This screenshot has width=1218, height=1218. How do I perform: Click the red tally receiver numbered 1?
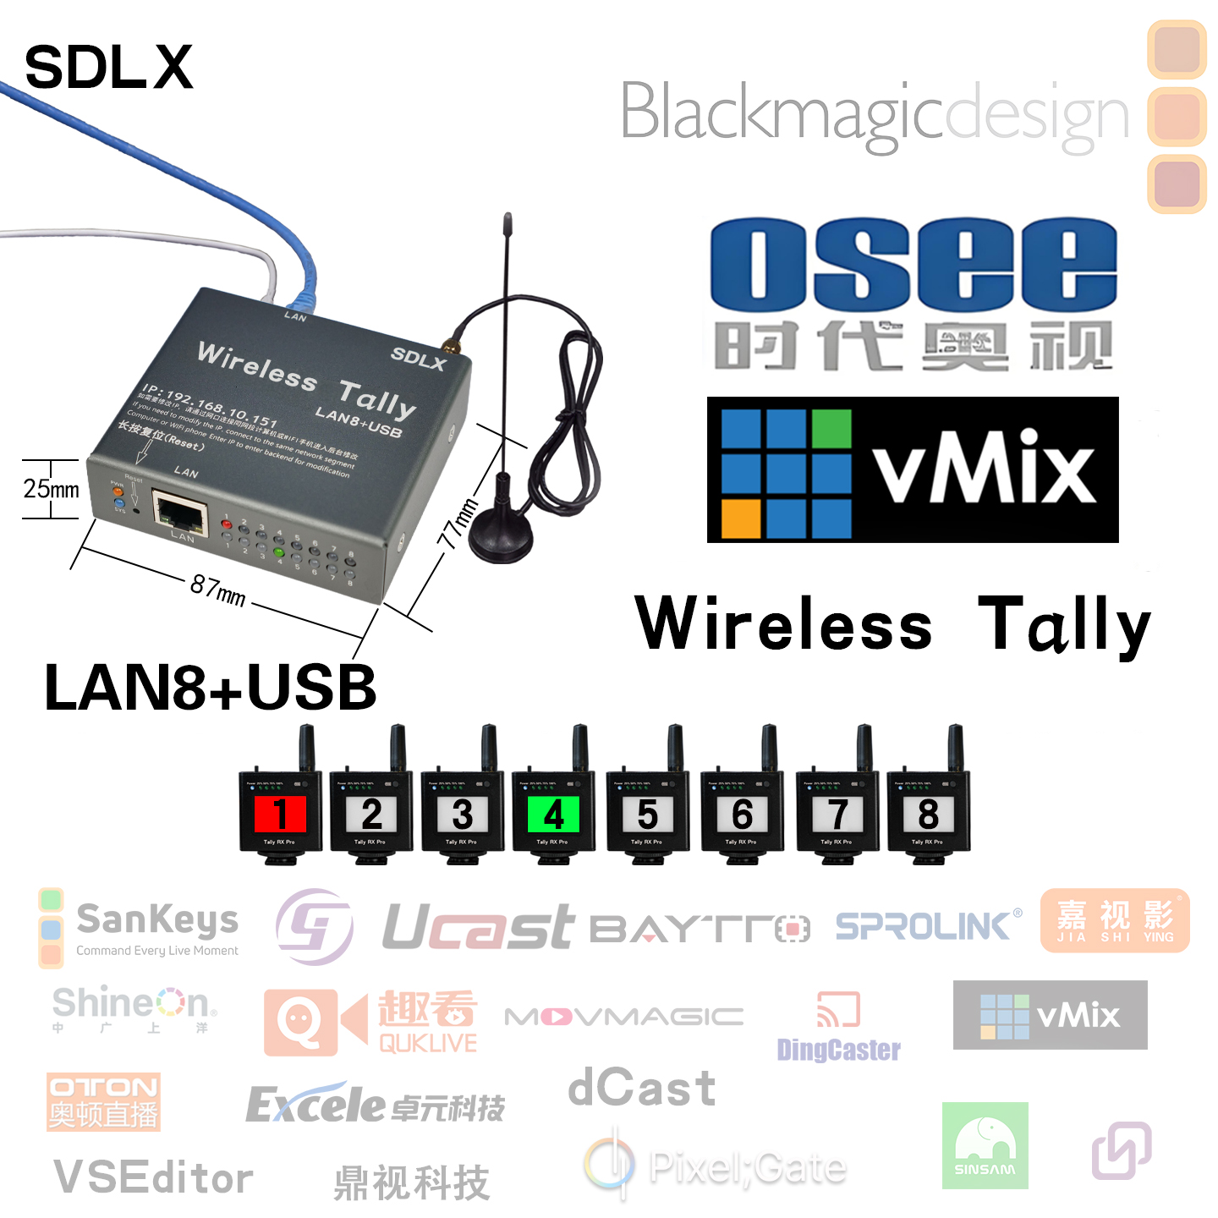(280, 814)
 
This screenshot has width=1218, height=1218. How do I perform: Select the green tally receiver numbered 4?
(553, 814)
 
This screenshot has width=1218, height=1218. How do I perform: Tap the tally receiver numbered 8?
(928, 814)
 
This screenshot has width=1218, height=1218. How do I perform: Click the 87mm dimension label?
(217, 590)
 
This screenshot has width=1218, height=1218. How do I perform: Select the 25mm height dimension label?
(51, 489)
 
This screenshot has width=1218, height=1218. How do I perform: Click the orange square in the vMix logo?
(740, 518)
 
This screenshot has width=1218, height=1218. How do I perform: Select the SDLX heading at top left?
(108, 68)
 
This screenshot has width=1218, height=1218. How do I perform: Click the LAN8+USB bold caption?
(210, 687)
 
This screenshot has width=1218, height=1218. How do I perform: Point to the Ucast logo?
(478, 927)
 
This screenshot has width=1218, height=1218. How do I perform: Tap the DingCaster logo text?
(838, 1050)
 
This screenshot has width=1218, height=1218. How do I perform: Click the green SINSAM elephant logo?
(985, 1145)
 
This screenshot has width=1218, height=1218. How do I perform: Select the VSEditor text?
(153, 1177)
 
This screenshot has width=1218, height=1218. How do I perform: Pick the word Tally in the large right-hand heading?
(1063, 624)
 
